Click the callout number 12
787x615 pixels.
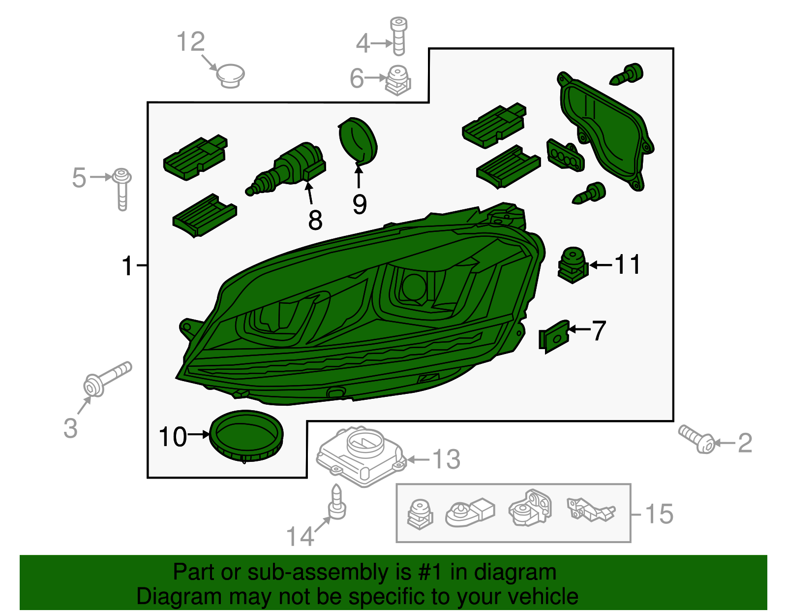tap(191, 42)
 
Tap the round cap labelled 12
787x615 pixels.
tap(230, 76)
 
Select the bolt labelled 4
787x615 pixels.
tap(399, 36)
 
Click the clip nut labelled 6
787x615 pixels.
tap(397, 80)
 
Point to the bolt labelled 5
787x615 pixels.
tap(122, 189)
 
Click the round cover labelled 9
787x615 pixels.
tap(358, 141)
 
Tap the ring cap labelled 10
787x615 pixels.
tap(246, 436)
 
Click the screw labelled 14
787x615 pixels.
tap(337, 502)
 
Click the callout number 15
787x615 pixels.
tap(659, 514)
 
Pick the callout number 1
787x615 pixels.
tap(127, 265)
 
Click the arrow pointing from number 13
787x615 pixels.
tap(418, 460)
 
